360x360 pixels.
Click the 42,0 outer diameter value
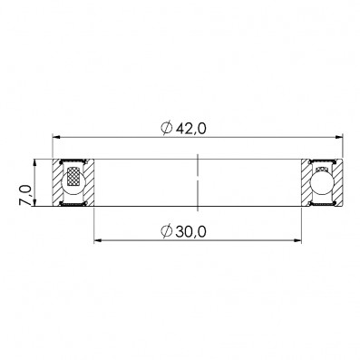(x=191, y=129)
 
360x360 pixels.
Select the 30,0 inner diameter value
(x=191, y=232)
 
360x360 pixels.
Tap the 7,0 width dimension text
(x=25, y=195)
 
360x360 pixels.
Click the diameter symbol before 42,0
(x=167, y=129)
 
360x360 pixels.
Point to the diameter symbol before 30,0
(x=167, y=231)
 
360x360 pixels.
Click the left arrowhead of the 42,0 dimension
(x=56, y=137)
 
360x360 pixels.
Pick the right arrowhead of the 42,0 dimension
(x=339, y=137)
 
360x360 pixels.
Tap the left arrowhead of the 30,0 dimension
(x=98, y=240)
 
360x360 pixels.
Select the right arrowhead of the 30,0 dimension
(x=297, y=240)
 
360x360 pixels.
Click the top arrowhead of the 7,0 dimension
(x=34, y=163)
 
